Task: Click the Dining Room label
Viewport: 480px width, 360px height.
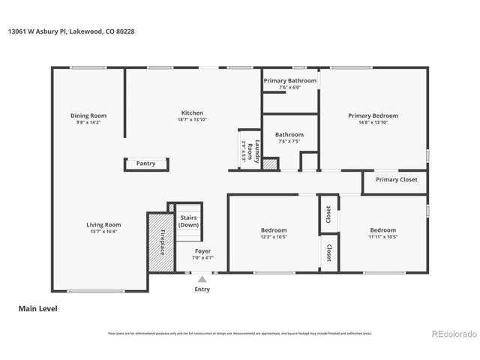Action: [88, 115]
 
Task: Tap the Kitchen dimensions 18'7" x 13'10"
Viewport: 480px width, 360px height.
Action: [192, 120]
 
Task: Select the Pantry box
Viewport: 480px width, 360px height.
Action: [145, 163]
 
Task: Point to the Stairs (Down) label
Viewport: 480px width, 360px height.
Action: [189, 221]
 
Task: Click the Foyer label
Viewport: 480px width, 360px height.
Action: [202, 250]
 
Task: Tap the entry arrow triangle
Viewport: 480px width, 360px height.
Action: [202, 279]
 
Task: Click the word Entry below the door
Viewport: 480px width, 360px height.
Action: [202, 289]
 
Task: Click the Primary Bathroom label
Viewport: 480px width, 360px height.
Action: [289, 80]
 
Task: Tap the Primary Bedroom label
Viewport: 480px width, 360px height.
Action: [373, 115]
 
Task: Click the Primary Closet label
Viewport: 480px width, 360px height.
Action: [396, 180]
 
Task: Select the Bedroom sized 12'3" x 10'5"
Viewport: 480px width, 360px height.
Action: [274, 230]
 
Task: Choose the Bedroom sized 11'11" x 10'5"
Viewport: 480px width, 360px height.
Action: [382, 230]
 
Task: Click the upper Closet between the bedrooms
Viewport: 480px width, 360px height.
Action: [328, 214]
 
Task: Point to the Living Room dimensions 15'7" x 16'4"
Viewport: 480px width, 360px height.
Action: [103, 231]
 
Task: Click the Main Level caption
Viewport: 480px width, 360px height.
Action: [37, 308]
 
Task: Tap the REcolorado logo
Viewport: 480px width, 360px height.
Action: [452, 333]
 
